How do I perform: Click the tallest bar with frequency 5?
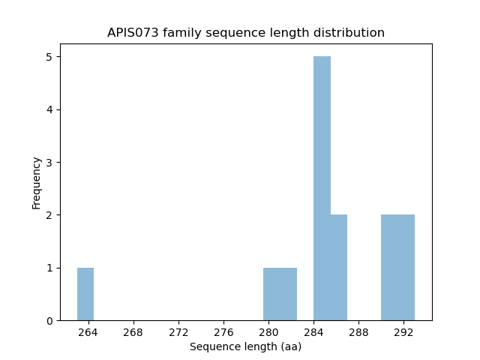point(322,188)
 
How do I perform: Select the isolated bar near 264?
point(85,294)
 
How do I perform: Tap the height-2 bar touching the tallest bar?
point(339,268)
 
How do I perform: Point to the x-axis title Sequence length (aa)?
point(245,346)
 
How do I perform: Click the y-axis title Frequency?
point(36,182)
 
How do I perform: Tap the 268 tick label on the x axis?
point(133,332)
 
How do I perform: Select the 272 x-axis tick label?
point(178,332)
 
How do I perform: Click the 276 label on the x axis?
point(223,332)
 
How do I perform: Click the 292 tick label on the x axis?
point(403,332)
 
